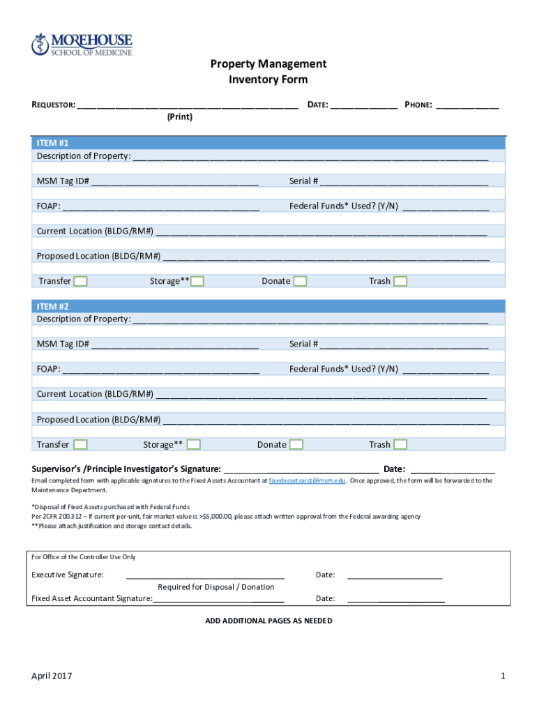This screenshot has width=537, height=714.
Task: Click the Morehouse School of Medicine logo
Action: (81, 45)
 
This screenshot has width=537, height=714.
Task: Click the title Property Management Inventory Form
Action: (268, 72)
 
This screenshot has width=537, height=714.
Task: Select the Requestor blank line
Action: (188, 106)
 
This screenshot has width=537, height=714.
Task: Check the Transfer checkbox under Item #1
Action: (81, 281)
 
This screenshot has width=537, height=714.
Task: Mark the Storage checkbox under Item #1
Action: (197, 281)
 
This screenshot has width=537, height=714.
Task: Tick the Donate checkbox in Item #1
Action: (300, 281)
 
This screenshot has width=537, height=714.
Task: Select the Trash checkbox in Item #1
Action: (400, 281)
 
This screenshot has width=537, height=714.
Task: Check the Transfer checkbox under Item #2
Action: (81, 445)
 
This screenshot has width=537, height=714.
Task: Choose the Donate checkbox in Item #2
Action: (296, 445)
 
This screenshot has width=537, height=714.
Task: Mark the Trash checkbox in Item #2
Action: (400, 445)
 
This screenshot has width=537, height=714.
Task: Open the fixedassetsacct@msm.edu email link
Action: (308, 481)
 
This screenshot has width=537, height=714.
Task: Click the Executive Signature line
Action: (205, 576)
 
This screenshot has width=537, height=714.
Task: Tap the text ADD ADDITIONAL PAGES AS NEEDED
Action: (268, 621)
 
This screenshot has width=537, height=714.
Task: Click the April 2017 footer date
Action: (52, 676)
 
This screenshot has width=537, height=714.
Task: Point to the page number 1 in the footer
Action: (502, 676)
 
